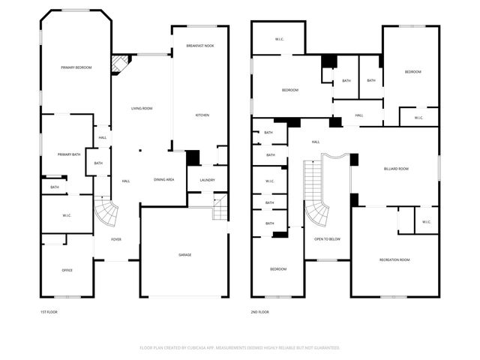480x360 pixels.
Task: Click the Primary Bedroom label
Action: [76, 67]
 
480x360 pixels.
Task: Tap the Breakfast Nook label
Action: [200, 46]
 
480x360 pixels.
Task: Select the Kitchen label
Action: [202, 115]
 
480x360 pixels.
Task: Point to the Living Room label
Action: [142, 109]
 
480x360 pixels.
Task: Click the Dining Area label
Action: [164, 179]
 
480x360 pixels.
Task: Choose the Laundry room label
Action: [208, 180]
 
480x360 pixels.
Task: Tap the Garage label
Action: [184, 255]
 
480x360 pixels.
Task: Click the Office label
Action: [67, 270]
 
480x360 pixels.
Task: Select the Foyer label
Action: [116, 239]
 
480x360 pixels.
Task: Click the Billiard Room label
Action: [396, 169]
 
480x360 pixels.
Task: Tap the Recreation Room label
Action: [394, 259]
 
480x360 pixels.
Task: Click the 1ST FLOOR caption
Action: [49, 312]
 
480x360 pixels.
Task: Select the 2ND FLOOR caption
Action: [260, 312]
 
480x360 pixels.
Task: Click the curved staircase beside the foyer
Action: [109, 213]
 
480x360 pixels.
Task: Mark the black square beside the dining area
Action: [193, 158]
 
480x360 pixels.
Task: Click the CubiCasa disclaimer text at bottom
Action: [239, 348]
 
